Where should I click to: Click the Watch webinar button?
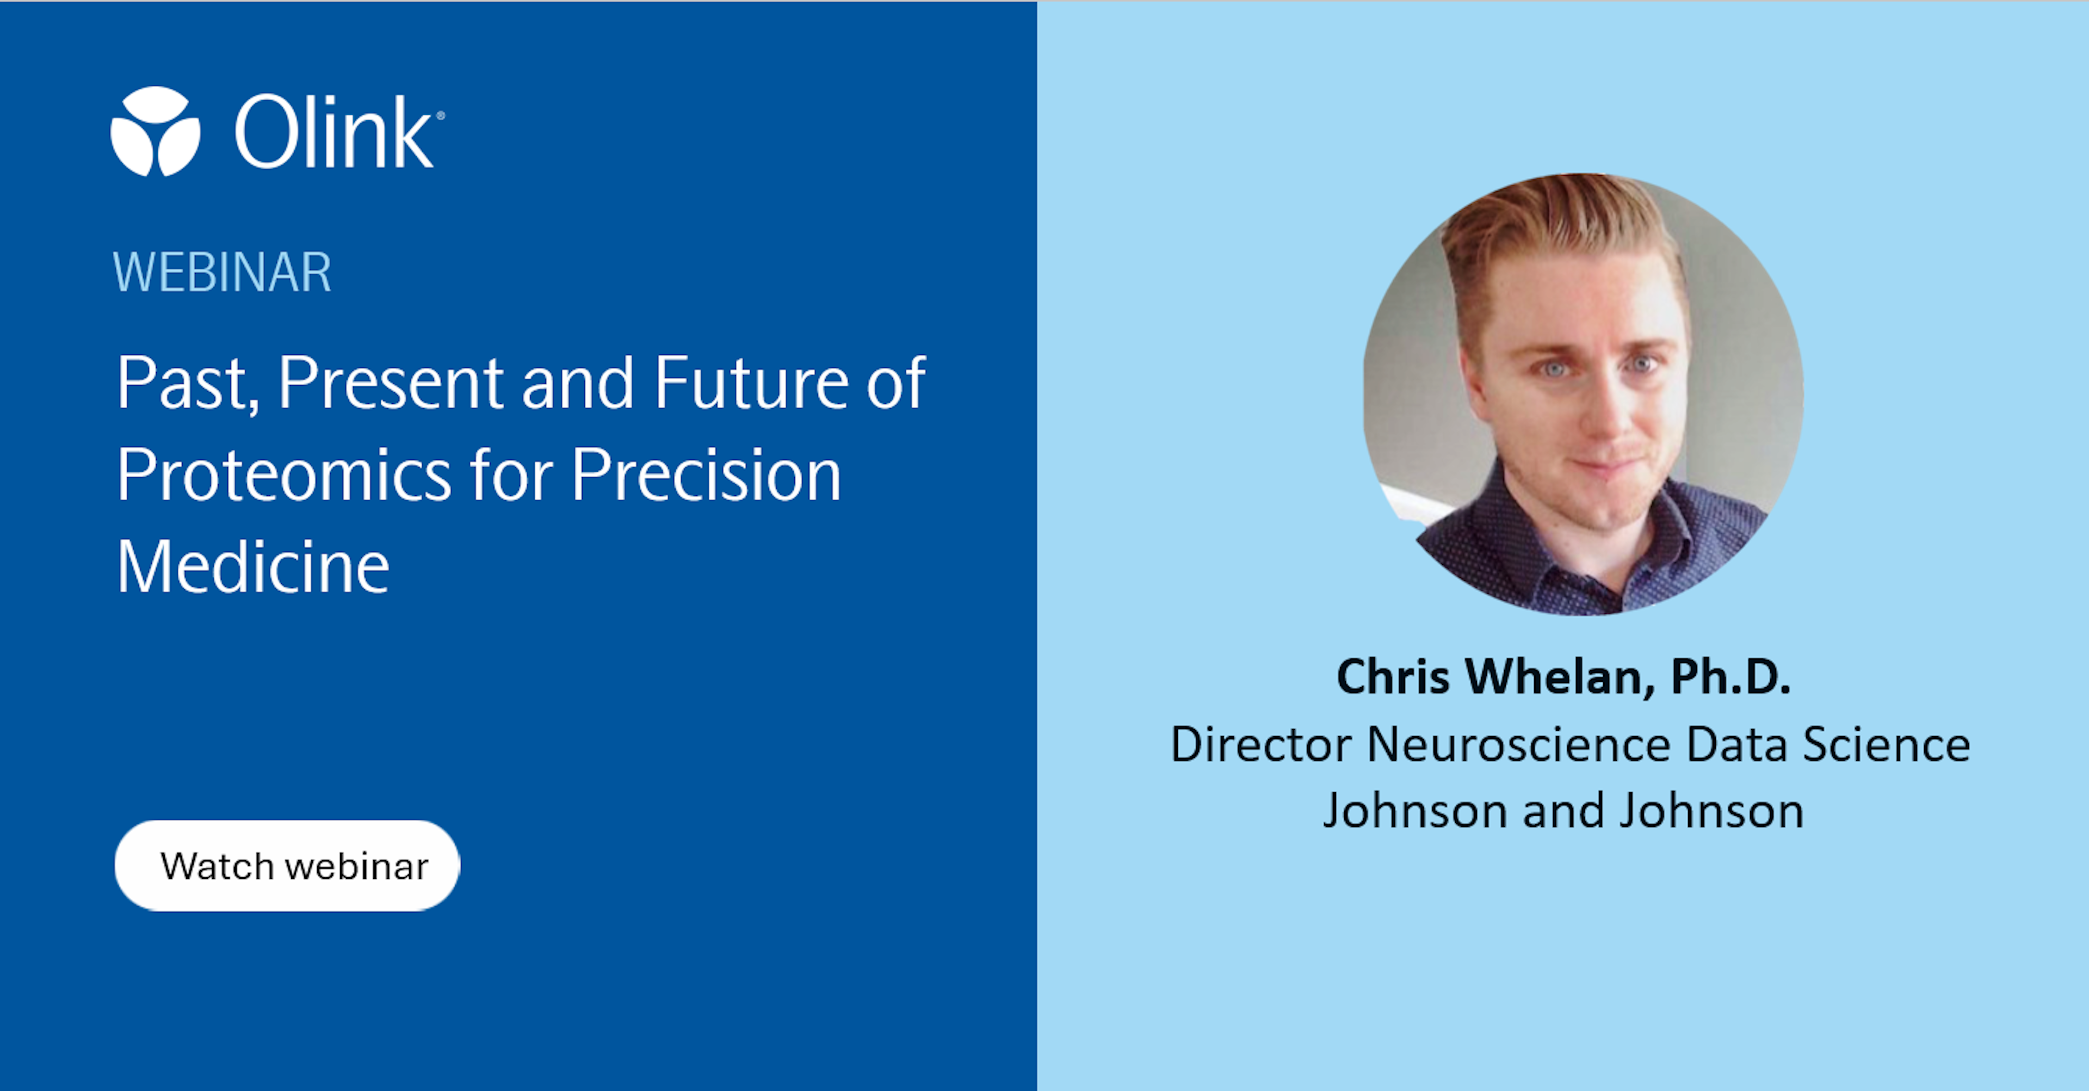287,866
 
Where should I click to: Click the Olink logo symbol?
155,131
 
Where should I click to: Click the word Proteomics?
284,476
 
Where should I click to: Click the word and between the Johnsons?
1563,811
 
